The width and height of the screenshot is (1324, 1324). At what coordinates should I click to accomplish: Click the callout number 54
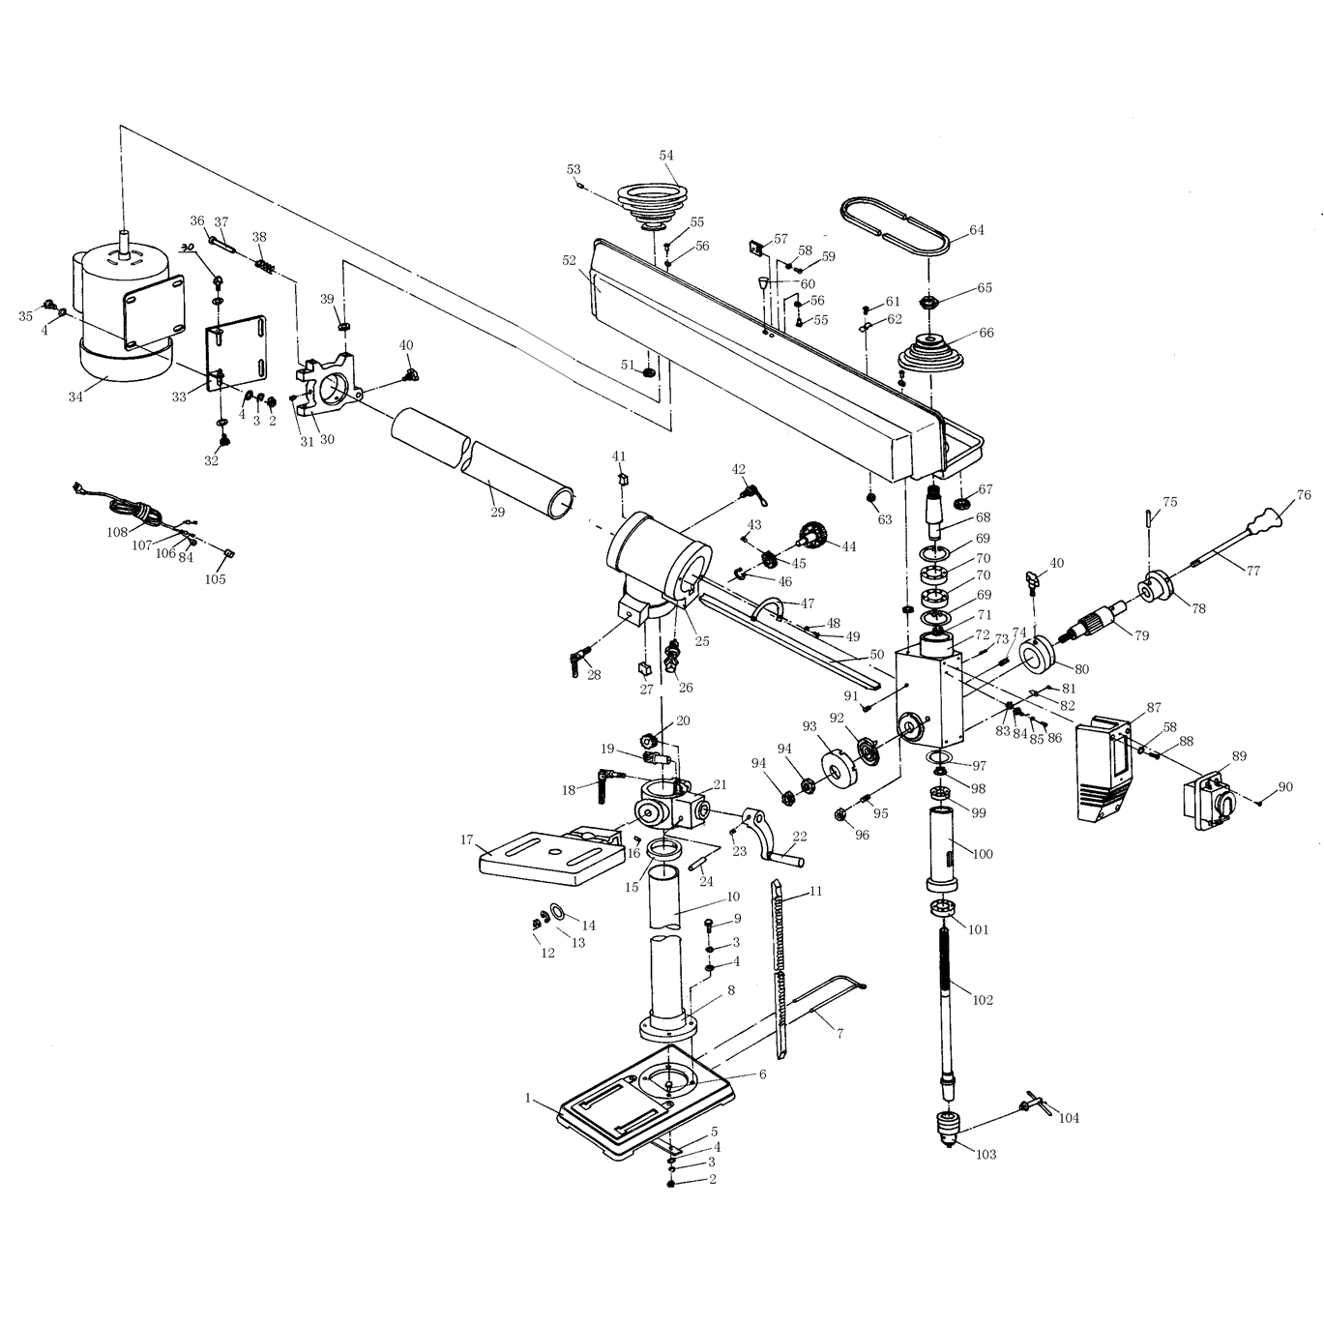666,155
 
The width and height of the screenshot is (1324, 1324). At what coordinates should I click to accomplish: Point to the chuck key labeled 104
1031,1105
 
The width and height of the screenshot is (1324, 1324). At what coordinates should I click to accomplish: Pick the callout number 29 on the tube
497,512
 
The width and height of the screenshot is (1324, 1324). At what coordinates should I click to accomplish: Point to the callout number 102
983,1000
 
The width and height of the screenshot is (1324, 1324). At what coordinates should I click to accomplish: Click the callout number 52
569,260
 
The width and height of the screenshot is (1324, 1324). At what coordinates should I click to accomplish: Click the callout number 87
1154,708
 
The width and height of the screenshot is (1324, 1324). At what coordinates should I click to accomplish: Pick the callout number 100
983,854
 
